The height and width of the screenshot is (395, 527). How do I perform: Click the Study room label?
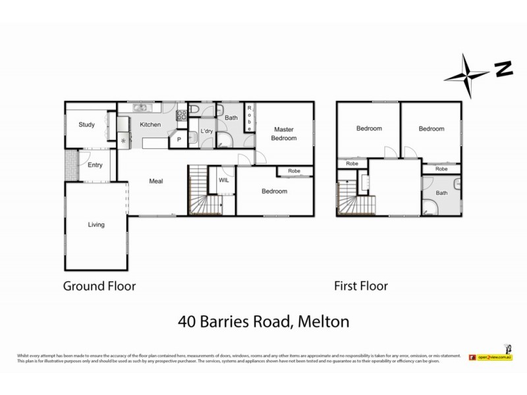coord(87,124)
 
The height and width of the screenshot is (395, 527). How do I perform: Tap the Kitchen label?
coord(150,124)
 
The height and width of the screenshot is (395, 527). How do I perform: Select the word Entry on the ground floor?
coord(95,165)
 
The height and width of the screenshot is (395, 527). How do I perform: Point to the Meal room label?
coord(156,181)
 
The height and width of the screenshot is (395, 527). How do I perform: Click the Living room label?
coord(96,224)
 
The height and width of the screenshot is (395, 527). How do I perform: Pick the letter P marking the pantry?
coord(179,140)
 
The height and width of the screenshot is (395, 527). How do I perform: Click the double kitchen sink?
coord(140,108)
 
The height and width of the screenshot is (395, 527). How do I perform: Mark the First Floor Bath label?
coord(441,194)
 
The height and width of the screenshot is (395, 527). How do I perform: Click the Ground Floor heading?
coord(99,286)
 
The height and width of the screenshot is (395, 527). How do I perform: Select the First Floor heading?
coord(361,286)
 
